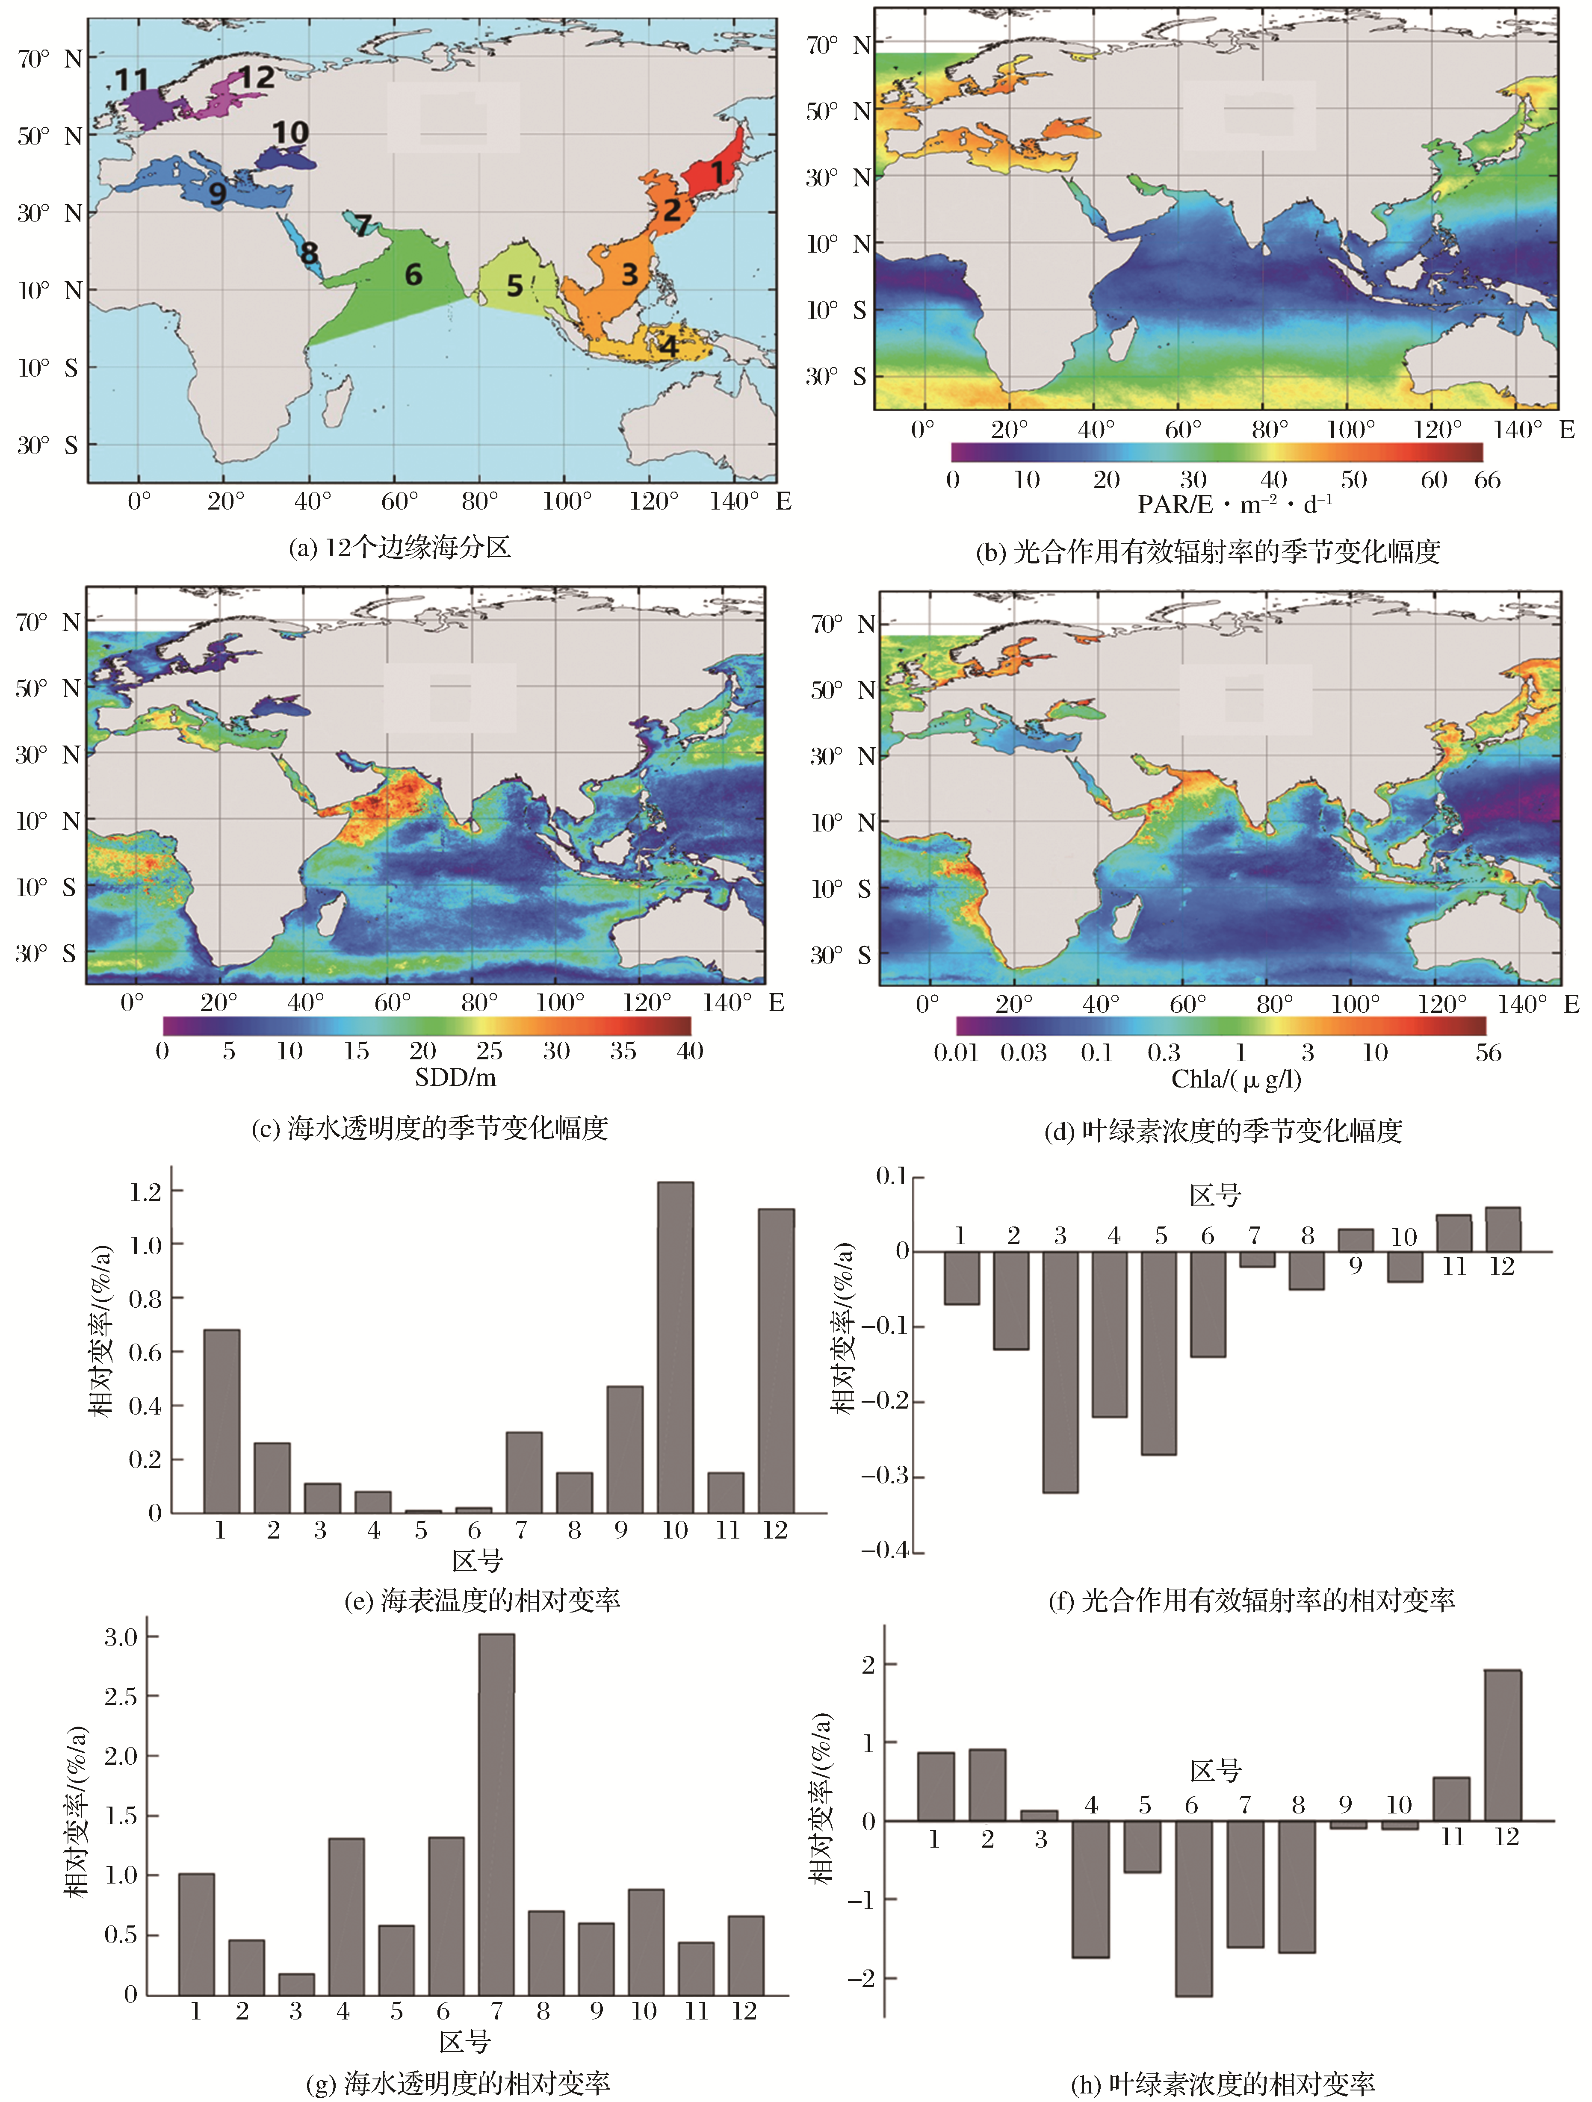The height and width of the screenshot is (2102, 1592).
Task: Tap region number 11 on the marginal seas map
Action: click(132, 80)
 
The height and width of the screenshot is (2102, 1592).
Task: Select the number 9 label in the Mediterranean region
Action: click(218, 193)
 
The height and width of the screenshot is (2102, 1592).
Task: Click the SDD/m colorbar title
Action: click(455, 1078)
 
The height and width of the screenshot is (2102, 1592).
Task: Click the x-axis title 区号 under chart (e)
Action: click(477, 1560)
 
